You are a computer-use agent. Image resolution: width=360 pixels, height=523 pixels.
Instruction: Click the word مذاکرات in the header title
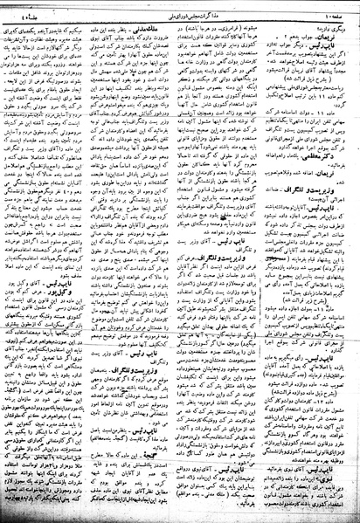(215, 10)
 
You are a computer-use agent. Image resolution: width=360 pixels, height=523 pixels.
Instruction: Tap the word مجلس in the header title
(191, 10)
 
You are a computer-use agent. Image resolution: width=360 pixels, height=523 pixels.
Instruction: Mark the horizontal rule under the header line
(180, 17)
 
